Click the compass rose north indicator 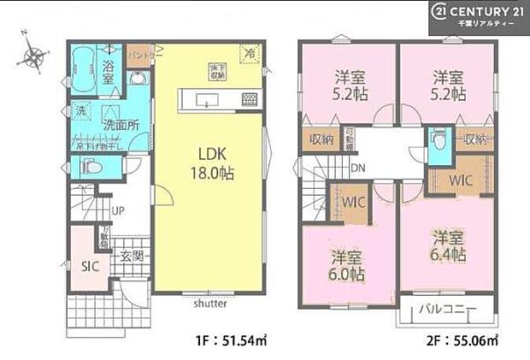coord(34,56)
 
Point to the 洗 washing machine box coord(80,110)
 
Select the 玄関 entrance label coord(131,256)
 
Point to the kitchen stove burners coord(248,101)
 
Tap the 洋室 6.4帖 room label coord(448,247)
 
